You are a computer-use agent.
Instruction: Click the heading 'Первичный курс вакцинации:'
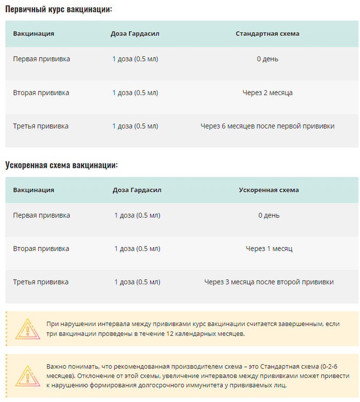tap(59, 9)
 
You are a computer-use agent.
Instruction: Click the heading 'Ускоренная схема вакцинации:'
tap(62, 165)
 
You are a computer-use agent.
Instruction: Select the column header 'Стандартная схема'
tap(267, 33)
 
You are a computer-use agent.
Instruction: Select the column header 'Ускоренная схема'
tap(269, 190)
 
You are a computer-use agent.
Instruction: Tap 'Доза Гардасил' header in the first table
tap(135, 33)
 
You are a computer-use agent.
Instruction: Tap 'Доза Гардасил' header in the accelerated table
tap(137, 190)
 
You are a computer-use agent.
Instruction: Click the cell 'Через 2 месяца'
tap(267, 93)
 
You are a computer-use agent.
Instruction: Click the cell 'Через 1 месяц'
tap(269, 248)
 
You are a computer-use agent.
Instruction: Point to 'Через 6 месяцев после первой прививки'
tap(267, 126)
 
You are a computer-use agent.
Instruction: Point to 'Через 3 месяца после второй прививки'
tap(269, 282)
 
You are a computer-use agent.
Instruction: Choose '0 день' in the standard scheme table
tap(267, 59)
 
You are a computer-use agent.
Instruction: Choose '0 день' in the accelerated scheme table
tap(269, 215)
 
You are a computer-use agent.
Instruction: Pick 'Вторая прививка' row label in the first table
tap(41, 93)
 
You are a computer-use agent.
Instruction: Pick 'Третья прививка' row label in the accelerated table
tap(41, 282)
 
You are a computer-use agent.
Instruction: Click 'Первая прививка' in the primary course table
tap(42, 59)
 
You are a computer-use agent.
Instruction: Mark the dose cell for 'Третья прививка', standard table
tap(135, 126)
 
